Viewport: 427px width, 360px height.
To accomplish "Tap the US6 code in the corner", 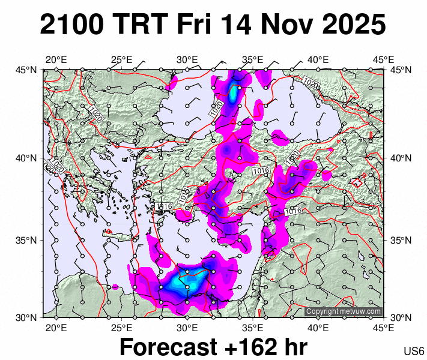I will tap(414, 351).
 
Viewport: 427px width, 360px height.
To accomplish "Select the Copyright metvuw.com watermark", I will tap(343, 311).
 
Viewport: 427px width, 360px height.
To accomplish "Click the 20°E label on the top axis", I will tap(56, 59).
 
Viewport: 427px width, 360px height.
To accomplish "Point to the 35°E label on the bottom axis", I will tap(253, 328).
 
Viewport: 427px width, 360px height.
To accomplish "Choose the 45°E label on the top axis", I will tap(384, 59).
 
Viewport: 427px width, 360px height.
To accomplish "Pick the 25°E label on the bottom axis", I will tap(121, 328).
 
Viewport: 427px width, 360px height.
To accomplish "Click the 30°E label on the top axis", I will tap(187, 59).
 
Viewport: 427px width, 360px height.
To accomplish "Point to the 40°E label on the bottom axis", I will tap(318, 328).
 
